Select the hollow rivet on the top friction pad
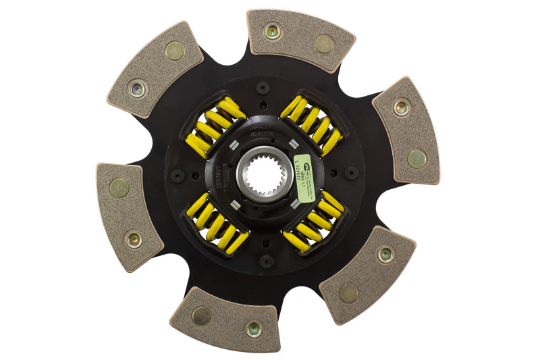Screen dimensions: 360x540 [272, 30]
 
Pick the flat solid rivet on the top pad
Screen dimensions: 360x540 [323, 44]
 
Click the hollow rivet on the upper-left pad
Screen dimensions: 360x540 [138, 88]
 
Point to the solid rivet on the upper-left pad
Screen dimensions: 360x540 [175, 51]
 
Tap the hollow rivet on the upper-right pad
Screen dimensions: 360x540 [402, 107]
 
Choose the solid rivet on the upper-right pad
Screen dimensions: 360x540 [416, 158]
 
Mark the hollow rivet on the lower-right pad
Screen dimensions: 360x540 [385, 254]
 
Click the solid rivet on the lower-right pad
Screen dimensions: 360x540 [348, 292]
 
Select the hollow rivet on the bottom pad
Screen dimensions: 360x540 [253, 329]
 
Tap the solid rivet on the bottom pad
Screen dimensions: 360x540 [201, 315]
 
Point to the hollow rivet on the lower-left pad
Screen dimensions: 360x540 [134, 238]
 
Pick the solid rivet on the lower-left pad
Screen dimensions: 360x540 [119, 187]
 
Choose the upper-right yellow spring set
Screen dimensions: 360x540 [311, 126]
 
